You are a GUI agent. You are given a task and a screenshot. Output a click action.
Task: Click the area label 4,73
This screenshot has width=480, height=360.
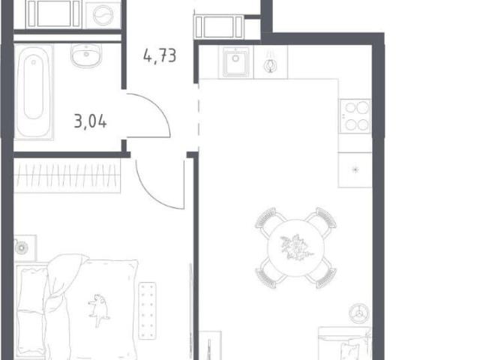point(160,55)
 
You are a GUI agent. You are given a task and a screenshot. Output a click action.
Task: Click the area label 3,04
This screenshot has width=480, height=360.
point(90,121)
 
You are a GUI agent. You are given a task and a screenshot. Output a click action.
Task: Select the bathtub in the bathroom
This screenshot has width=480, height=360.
point(33,91)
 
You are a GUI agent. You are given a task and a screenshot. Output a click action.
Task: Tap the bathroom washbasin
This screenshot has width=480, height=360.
point(86,55)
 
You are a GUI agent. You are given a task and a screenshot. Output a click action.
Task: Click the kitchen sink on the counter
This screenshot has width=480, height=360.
point(235,61)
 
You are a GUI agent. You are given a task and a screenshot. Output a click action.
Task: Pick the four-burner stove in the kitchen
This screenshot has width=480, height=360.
point(355,116)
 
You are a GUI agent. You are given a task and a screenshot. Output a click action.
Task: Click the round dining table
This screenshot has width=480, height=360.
point(295,248)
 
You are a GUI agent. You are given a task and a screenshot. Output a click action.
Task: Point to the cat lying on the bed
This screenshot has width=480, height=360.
point(98,309)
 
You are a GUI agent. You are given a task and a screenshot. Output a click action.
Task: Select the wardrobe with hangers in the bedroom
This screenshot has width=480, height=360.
point(67,175)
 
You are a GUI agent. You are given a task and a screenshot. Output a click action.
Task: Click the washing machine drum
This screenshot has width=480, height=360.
point(103,15)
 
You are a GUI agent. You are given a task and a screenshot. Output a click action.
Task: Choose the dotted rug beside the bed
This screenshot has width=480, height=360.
point(147,310)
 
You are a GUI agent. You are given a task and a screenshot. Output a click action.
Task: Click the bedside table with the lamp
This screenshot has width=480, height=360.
point(25,248)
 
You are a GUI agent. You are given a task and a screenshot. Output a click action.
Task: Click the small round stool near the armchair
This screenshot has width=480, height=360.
point(359,313)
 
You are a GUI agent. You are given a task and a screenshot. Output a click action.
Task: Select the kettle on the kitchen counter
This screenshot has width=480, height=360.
point(271,64)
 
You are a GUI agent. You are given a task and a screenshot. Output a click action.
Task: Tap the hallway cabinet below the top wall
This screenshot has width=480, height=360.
point(219,27)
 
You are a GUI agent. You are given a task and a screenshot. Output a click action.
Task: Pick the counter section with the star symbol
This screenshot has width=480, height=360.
point(355,169)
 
